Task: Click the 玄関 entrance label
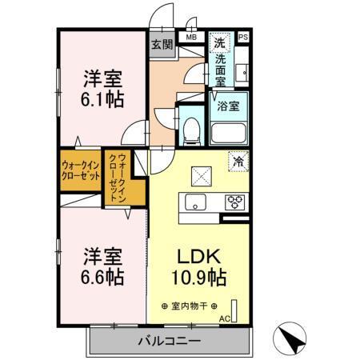point(162,44)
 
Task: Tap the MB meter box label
point(191,37)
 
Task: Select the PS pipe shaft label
point(243,37)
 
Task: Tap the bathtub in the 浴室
point(229,133)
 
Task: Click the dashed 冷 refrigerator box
point(238,160)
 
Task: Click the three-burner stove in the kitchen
point(235,201)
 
